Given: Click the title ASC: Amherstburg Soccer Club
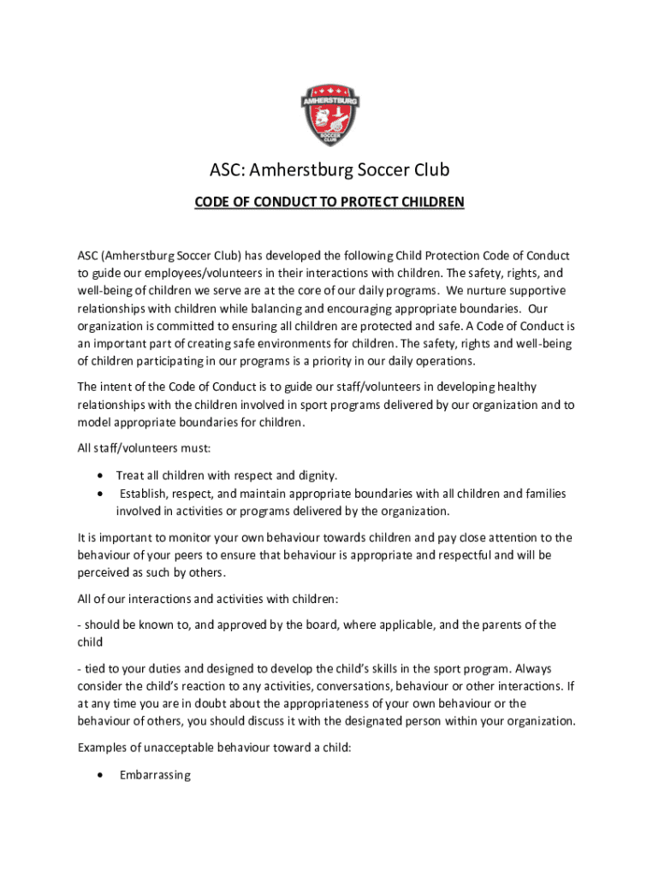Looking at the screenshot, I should point(329,171).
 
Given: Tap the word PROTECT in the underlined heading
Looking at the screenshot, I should point(374,203).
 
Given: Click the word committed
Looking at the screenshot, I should point(193,326).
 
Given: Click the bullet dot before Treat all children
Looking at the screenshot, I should point(103,476).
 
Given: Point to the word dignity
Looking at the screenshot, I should point(316,476).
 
